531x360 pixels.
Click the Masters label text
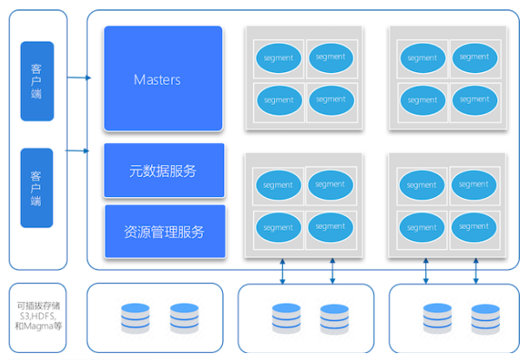click(157, 80)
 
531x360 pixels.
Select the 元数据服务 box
click(164, 170)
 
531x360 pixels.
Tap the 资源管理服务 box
click(165, 232)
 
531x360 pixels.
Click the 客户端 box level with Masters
click(37, 81)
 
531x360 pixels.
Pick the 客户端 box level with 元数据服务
click(36, 187)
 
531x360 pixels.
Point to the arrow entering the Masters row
click(79, 77)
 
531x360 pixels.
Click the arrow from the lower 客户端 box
click(77, 150)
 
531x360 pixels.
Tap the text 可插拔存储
click(38, 306)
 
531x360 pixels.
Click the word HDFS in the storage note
click(43, 316)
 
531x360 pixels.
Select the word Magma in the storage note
click(38, 326)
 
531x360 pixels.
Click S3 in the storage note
click(24, 316)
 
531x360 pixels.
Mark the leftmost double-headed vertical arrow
click(283, 272)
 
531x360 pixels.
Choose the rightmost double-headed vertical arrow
click(475, 271)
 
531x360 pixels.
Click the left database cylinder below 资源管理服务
click(135, 318)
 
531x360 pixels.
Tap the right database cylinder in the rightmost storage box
click(485, 319)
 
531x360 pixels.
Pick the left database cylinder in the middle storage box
click(286, 318)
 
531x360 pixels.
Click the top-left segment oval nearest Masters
click(279, 58)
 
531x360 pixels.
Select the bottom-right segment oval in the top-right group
click(475, 100)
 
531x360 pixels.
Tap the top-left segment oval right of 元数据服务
click(278, 185)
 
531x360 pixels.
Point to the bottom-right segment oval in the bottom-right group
click(474, 227)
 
